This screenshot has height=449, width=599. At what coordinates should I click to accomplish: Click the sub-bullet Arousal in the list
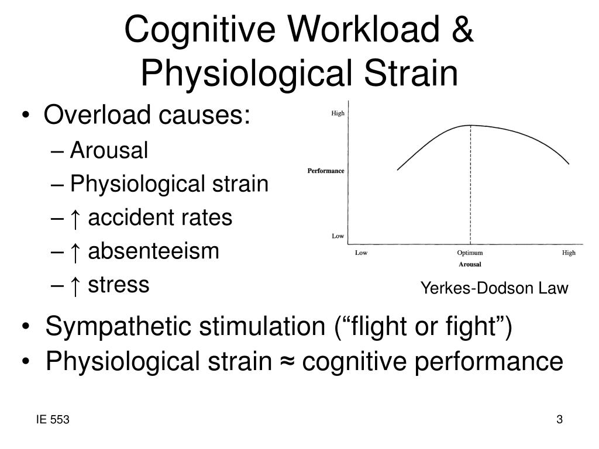coord(109,151)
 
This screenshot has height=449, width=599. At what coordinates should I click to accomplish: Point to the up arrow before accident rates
coord(74,218)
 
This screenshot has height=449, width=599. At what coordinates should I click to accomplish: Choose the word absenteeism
coord(153,251)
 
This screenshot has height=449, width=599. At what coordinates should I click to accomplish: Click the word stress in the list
coord(119,285)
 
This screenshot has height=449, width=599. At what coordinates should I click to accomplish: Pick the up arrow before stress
coord(74,285)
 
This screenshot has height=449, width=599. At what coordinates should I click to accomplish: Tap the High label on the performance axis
coord(338,113)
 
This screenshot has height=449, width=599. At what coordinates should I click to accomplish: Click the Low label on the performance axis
coord(338,236)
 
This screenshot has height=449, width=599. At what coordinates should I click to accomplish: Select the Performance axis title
coord(326,171)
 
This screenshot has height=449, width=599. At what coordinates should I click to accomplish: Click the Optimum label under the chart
coord(470,253)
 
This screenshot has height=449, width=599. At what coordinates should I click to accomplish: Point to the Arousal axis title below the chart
coord(470,264)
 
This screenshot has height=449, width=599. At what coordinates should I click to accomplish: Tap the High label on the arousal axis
coord(569,253)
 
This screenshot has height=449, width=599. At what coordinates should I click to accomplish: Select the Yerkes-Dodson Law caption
coord(494,288)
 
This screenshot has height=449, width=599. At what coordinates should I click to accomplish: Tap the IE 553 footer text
coord(52,420)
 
